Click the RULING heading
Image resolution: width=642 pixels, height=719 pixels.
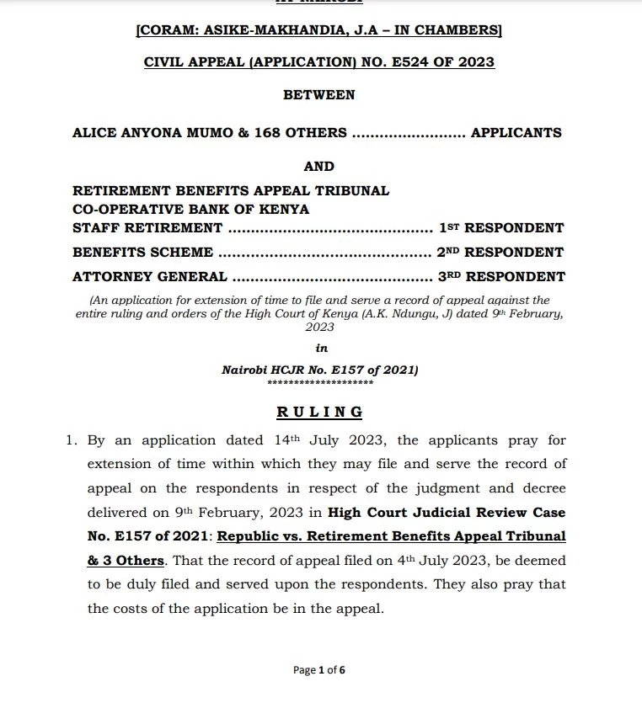click(x=320, y=412)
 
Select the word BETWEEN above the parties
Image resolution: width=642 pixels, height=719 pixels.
click(x=319, y=95)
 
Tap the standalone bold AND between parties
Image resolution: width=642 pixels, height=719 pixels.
click(x=319, y=167)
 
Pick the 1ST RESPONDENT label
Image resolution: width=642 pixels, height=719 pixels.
click(x=501, y=228)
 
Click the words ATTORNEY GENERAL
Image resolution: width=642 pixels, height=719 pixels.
click(x=150, y=276)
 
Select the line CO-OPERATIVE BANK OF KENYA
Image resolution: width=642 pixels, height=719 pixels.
click(x=191, y=209)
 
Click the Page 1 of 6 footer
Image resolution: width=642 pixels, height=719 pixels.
click(x=319, y=670)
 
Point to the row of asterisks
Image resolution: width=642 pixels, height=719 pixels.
click(x=320, y=382)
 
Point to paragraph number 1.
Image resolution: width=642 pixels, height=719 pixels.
click(x=73, y=440)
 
